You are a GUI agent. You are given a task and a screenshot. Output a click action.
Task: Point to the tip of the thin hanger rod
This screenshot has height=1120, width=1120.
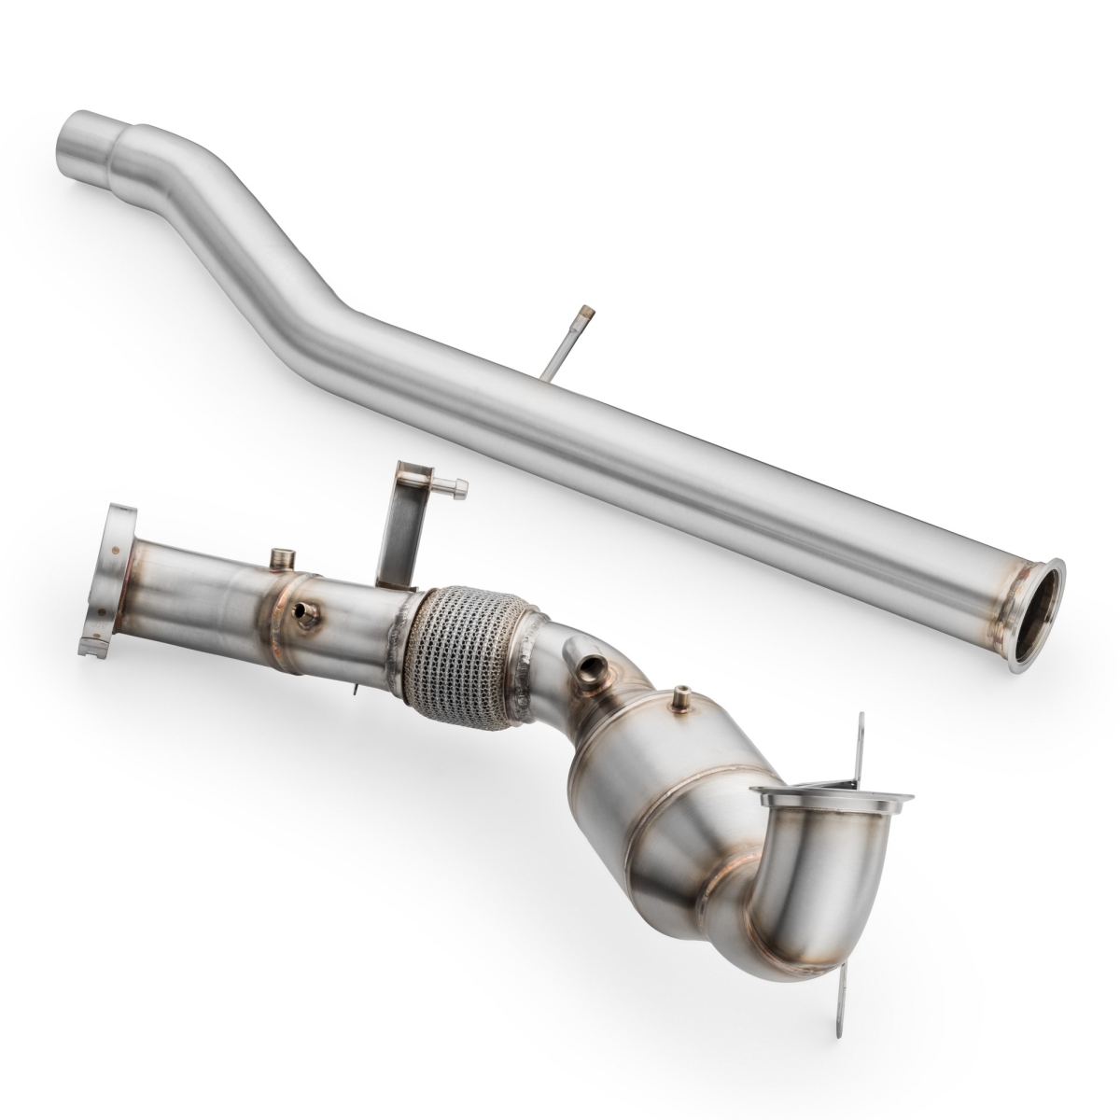[x=586, y=308]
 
